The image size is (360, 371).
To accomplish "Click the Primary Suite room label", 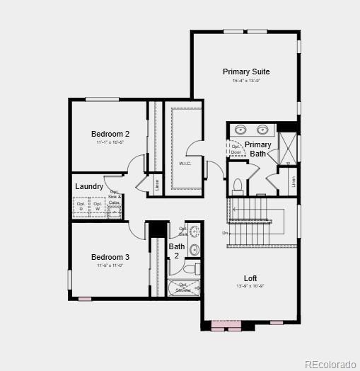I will (x=246, y=72).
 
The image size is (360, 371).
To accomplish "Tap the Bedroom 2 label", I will (x=110, y=134).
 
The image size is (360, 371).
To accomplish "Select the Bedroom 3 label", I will (x=110, y=257).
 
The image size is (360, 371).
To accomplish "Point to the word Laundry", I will (x=90, y=187).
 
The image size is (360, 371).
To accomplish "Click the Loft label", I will (x=250, y=278).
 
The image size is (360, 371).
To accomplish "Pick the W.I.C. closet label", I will (x=185, y=164).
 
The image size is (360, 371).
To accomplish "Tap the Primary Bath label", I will (x=258, y=149).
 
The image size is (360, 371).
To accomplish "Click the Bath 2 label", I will (x=176, y=251).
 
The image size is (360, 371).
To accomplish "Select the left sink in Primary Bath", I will (x=241, y=130).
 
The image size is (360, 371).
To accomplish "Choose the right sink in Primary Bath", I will (x=264, y=130).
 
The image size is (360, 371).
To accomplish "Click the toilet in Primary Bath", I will (x=238, y=186).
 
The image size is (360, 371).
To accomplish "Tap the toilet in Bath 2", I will (x=190, y=269).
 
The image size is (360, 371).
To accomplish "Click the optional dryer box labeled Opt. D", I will (x=81, y=206).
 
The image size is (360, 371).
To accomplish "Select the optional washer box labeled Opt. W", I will (x=98, y=206).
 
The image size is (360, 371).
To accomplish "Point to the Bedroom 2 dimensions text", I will (x=110, y=142).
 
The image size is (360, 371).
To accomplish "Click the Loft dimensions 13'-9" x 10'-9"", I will (x=250, y=286).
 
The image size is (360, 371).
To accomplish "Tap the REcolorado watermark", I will (x=330, y=364).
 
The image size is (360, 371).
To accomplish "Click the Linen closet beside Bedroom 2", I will (x=157, y=185).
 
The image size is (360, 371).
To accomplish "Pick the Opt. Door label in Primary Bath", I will (x=236, y=149).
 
